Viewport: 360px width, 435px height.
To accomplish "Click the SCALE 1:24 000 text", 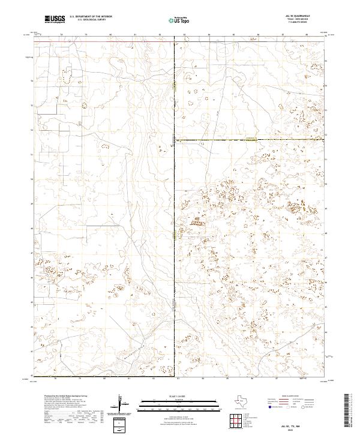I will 179,396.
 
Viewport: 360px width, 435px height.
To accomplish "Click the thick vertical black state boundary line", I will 175,240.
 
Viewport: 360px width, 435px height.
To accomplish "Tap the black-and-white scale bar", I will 179,403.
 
